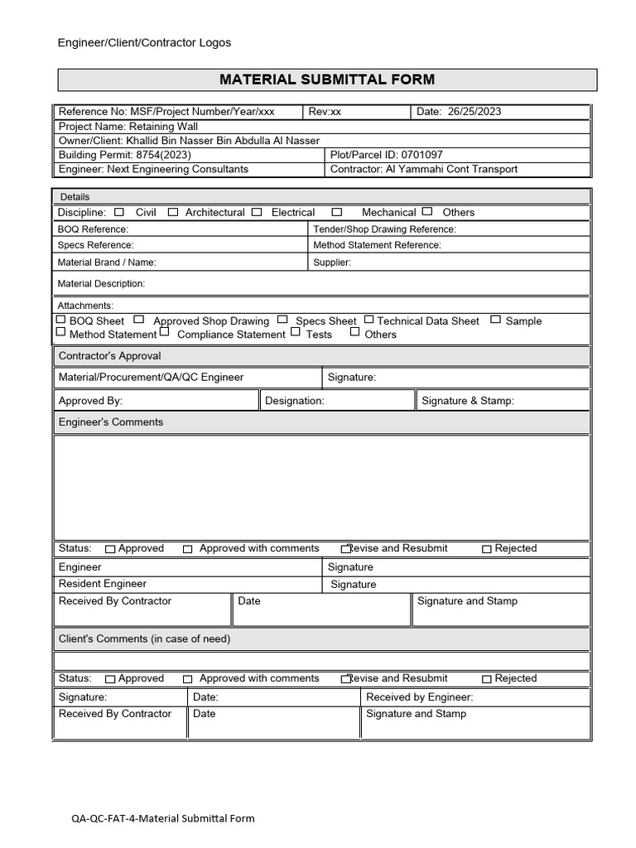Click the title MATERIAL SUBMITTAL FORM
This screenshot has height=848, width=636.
coord(326,79)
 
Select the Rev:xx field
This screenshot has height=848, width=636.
coord(325,112)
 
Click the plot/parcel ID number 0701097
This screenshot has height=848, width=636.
coord(422,155)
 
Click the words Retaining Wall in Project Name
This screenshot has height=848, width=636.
coord(163,127)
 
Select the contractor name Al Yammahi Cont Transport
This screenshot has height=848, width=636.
coord(451,169)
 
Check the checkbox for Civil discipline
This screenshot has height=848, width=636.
coord(119,212)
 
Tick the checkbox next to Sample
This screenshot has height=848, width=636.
coord(495,320)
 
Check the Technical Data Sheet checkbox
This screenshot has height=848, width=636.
coord(369,320)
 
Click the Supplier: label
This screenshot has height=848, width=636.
coord(332,263)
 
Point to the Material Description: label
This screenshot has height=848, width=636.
coord(101,284)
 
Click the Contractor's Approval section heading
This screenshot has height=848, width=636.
coord(109,356)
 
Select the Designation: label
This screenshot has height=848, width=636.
coord(295,401)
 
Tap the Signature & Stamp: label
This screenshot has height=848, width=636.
coord(468,401)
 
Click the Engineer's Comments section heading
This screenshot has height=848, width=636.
coord(111,422)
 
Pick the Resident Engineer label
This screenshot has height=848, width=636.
coord(102,584)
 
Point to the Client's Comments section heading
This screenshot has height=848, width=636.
coord(144,639)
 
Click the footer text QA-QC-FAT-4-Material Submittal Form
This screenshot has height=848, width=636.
coord(163,819)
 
